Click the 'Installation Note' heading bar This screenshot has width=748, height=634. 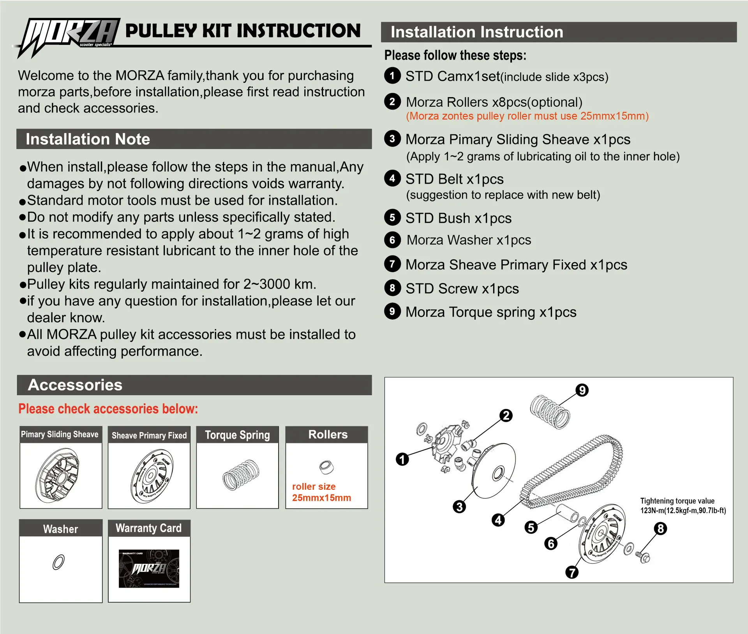[194, 139]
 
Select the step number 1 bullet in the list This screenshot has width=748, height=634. [392, 76]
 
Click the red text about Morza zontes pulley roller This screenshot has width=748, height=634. [527, 116]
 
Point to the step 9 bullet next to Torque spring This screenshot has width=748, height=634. [392, 312]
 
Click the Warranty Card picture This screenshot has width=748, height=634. [149, 568]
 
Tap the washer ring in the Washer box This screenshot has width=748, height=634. [58, 562]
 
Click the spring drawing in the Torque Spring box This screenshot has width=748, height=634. [241, 475]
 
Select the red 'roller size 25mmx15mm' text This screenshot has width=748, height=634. [321, 492]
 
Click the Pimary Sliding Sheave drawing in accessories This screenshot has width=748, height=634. [58, 475]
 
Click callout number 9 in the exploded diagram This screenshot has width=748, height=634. [582, 390]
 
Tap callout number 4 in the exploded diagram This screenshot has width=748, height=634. [498, 520]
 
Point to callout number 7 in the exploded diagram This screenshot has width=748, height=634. [572, 572]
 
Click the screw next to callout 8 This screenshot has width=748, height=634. [643, 557]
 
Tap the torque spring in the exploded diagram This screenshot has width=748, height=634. [550, 412]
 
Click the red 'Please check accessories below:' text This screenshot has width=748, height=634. [108, 409]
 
